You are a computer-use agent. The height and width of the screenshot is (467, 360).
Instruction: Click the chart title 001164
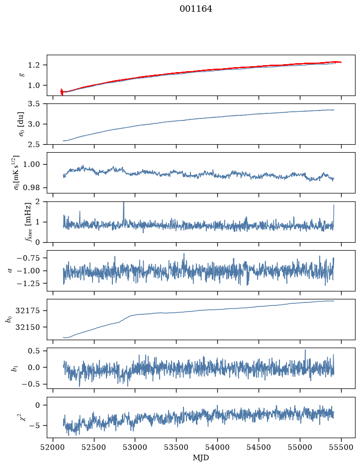[196, 9]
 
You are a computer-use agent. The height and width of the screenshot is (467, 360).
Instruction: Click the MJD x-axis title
[201, 458]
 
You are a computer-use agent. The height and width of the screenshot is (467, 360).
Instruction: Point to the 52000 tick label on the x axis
[53, 447]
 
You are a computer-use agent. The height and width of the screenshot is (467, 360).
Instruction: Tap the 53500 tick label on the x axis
[177, 447]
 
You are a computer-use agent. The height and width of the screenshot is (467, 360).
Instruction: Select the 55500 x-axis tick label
[341, 447]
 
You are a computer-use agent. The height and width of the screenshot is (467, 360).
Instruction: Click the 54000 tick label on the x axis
[217, 447]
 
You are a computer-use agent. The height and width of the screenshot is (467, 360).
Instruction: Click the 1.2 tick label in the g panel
[34, 65]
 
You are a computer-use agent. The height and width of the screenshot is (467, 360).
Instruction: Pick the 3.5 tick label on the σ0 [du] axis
[34, 104]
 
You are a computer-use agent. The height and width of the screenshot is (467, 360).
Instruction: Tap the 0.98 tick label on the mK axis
[31, 187]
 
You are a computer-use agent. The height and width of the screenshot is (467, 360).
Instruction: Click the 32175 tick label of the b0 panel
[27, 311]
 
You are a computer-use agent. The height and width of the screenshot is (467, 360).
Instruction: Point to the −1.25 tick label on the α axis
[28, 283]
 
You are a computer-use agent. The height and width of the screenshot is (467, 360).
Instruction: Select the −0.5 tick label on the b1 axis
[31, 384]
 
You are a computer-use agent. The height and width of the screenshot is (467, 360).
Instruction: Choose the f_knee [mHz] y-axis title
[28, 222]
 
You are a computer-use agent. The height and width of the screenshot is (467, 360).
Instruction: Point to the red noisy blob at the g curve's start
[62, 92]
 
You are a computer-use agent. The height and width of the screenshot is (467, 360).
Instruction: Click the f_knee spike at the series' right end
[334, 214]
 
